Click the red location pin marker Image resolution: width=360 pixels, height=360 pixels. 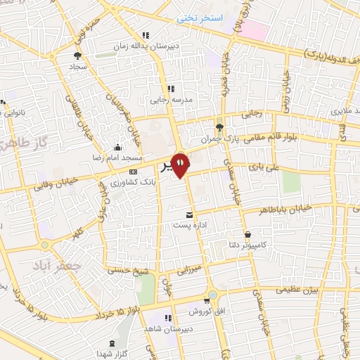[x=181, y=165]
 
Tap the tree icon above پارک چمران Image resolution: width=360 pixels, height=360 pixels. [x=220, y=127]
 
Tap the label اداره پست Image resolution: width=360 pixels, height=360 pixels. [x=188, y=226]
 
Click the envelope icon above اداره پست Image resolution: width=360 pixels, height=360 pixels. [x=188, y=214]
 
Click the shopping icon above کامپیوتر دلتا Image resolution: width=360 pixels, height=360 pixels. [x=247, y=235]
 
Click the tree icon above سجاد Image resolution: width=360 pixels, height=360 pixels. [x=77, y=53]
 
